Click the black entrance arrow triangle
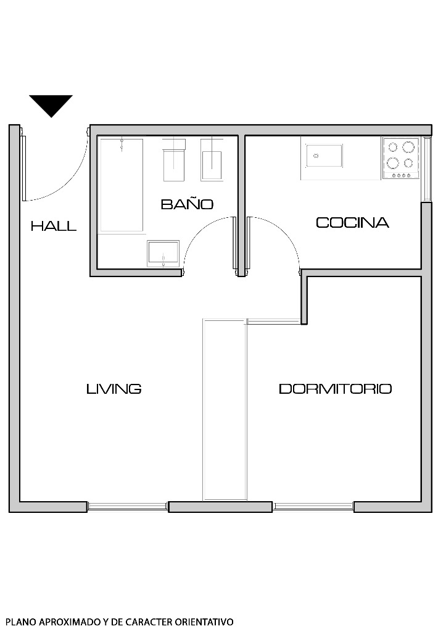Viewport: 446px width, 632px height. coord(51,104)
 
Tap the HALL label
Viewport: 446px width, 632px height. coord(54,227)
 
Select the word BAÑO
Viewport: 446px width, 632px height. coord(187,204)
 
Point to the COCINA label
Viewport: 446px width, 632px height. coord(352,223)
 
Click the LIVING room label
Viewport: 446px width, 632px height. coord(114,389)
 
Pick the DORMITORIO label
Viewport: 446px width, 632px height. coord(335,389)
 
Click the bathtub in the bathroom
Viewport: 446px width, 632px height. coord(122,185)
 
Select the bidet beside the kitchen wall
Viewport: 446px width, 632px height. coord(212,160)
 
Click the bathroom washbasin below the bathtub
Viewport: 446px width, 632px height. coord(163,253)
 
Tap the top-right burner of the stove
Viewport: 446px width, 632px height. coord(408,148)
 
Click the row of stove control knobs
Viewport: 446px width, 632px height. coord(402,176)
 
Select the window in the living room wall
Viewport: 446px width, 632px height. coord(128,507)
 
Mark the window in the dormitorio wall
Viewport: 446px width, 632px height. coord(313,507)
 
